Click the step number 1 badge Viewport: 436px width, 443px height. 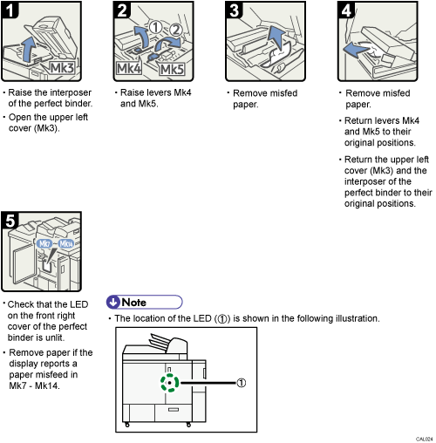(x=10, y=11)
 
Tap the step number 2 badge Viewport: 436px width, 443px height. (x=123, y=11)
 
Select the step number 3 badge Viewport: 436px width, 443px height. (x=234, y=11)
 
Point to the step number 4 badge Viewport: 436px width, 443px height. (x=345, y=11)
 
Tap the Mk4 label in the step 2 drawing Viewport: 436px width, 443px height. (x=129, y=68)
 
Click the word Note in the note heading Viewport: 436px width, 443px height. (x=133, y=302)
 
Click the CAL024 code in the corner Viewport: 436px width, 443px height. (x=425, y=439)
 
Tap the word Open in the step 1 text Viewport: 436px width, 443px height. (x=21, y=117)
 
